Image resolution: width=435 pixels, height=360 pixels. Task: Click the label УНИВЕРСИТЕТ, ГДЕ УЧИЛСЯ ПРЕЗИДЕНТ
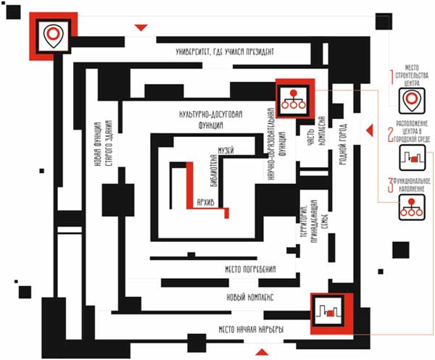point(225,52)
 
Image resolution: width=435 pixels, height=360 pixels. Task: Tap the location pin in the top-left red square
point(51,33)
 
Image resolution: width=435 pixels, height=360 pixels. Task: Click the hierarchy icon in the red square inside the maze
point(293,98)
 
